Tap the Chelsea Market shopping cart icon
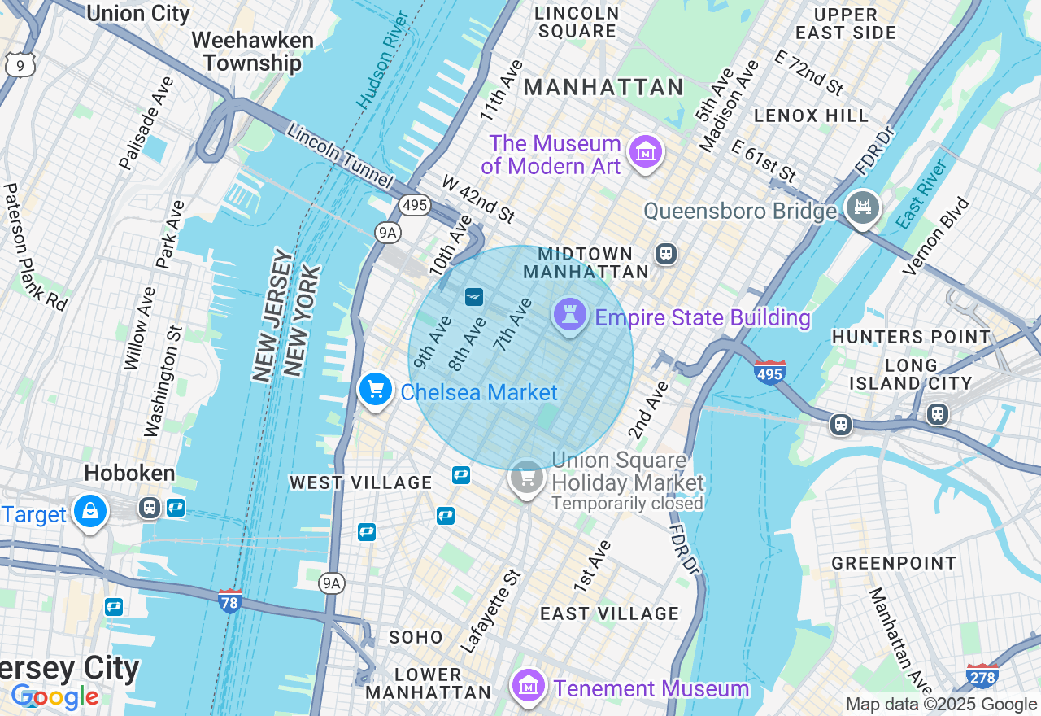tap(375, 390)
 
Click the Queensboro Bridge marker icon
tap(862, 208)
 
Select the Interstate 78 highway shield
tap(230, 601)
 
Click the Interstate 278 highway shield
tap(982, 676)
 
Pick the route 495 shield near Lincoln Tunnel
tap(415, 205)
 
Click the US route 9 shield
tap(17, 65)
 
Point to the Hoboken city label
tap(129, 474)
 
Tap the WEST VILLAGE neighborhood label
tap(361, 483)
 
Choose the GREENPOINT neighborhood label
tap(894, 563)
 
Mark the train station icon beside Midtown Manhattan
tap(666, 254)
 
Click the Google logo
tap(54, 696)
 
